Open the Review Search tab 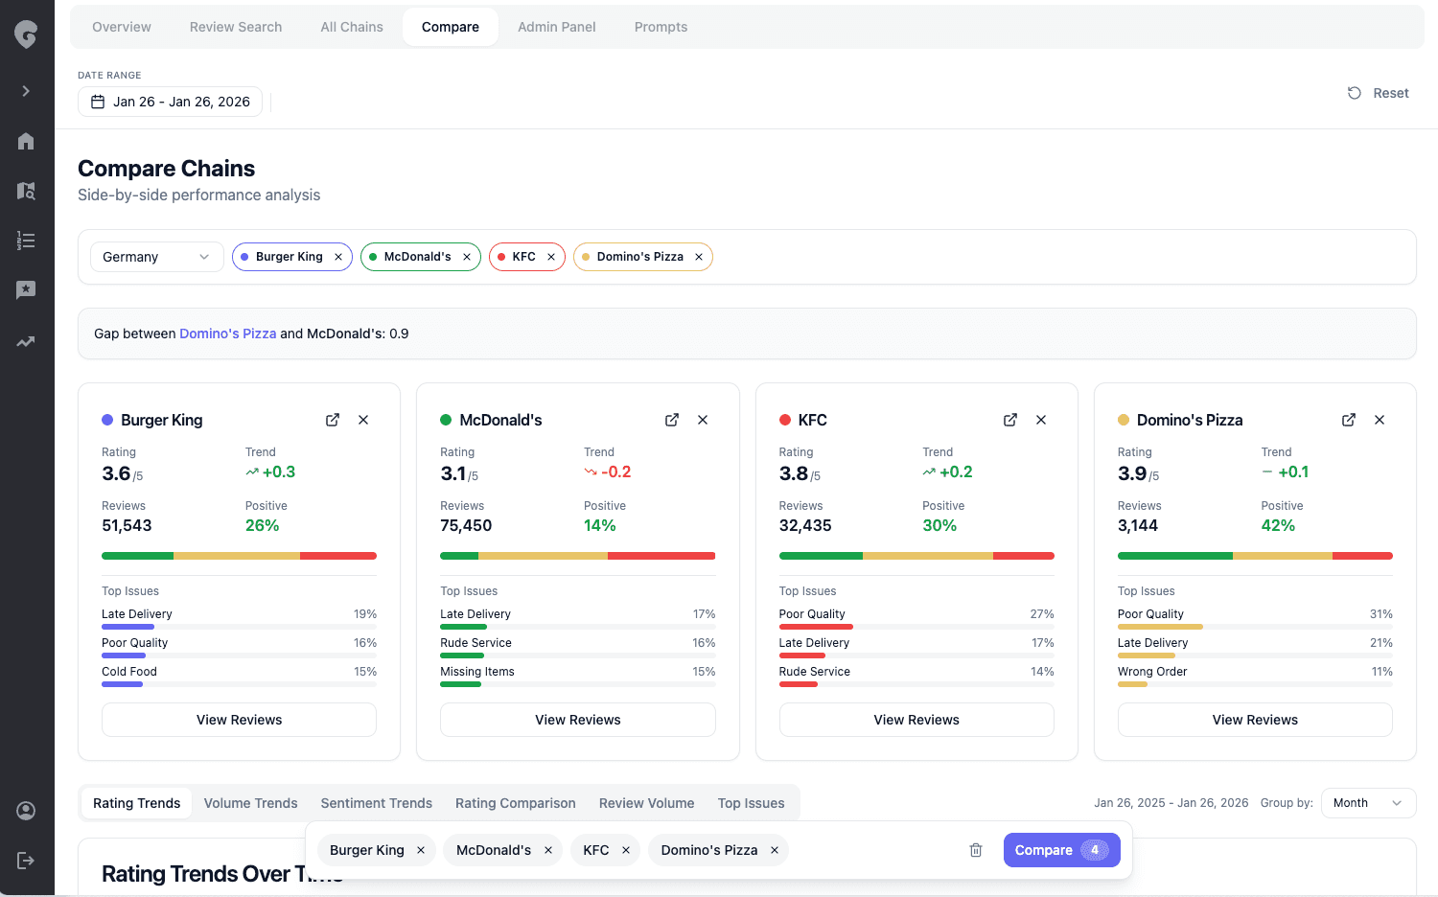(x=235, y=27)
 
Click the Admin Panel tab (x=556, y=27)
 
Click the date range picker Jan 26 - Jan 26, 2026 (x=171, y=102)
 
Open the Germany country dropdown (x=156, y=257)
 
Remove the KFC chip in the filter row (x=551, y=257)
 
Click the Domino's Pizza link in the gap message (x=227, y=333)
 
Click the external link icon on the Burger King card (x=333, y=420)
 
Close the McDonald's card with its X (x=703, y=420)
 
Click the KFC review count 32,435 (x=805, y=526)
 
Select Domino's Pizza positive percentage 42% (x=1278, y=526)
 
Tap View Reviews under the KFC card (x=916, y=720)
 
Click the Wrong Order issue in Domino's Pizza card (x=1152, y=672)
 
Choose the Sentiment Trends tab (x=376, y=803)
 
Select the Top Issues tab (x=751, y=803)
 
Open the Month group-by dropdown (x=1367, y=803)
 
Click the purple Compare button (x=1060, y=850)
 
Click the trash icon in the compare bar (x=976, y=850)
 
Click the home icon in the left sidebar (x=26, y=141)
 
